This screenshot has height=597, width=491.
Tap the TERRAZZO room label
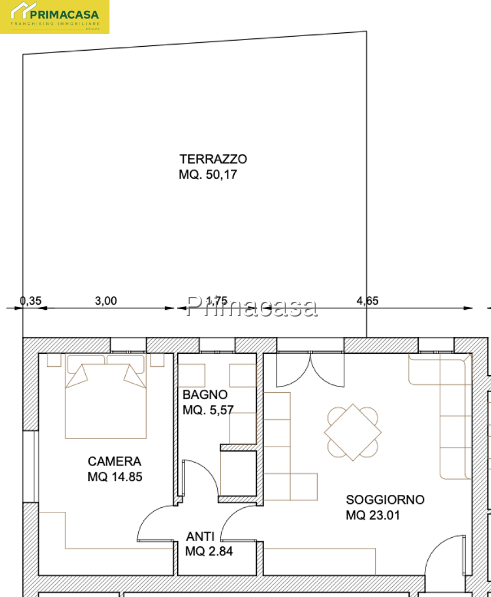(213, 159)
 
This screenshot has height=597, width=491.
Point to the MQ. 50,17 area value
(208, 174)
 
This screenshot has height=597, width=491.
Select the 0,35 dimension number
(30, 301)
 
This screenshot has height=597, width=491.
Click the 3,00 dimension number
(106, 301)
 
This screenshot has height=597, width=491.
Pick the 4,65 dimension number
(367, 301)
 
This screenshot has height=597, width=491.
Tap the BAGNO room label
(205, 394)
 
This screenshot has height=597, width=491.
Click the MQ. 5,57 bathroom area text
(208, 410)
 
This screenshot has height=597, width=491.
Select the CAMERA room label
(114, 461)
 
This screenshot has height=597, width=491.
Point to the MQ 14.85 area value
(115, 477)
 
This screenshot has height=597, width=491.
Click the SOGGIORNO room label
(385, 499)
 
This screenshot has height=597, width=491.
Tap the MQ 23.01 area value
(373, 515)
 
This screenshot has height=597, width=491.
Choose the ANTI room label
(200, 537)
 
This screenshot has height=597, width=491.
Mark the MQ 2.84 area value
(209, 551)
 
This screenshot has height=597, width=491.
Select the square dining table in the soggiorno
(353, 432)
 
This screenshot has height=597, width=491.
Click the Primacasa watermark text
(252, 306)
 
